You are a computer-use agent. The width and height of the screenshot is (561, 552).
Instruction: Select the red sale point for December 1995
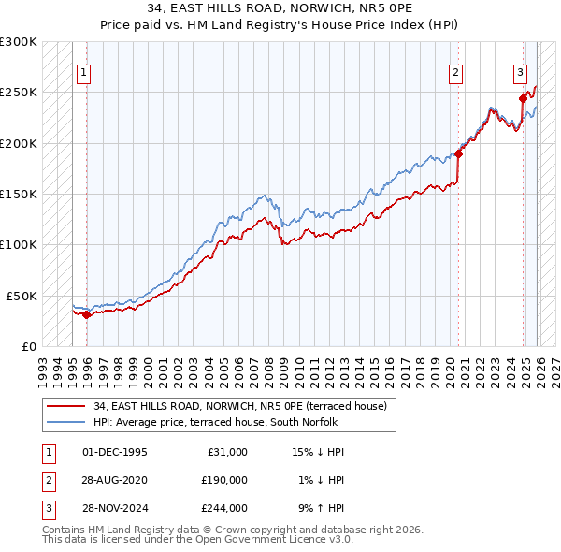click(x=87, y=314)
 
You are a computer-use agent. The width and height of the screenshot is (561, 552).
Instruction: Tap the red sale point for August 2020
click(x=459, y=153)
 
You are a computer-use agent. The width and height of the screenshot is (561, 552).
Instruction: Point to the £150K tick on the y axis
click(x=19, y=195)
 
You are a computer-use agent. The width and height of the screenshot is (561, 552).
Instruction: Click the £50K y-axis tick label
click(x=22, y=296)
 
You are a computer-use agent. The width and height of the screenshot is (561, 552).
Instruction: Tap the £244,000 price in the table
click(x=224, y=508)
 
